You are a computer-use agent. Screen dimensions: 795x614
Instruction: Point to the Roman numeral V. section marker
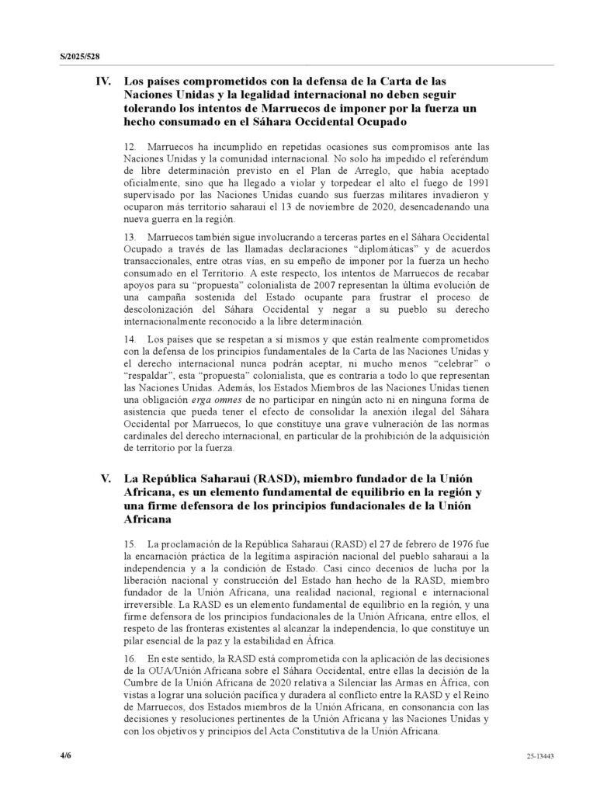pos(108,478)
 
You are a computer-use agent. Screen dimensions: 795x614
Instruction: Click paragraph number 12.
pos(130,146)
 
